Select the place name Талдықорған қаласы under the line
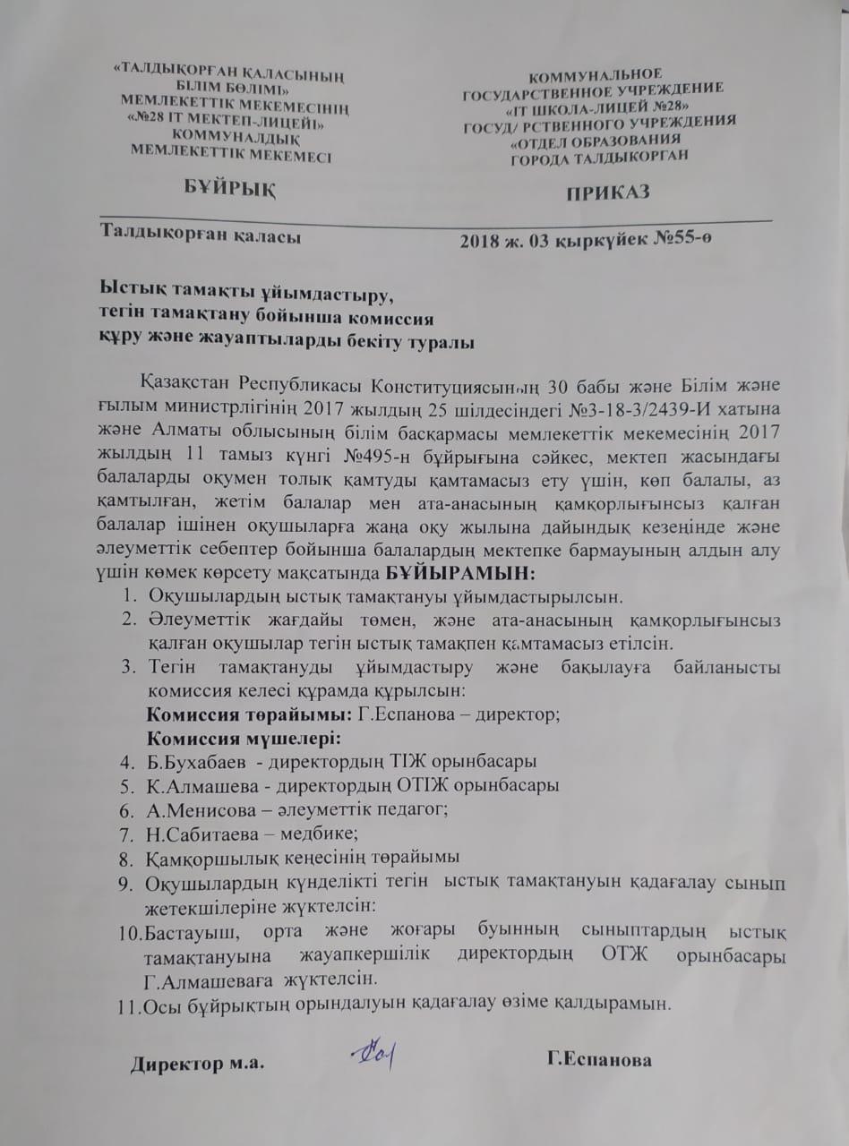pos(200,236)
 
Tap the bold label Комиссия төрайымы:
pos(249,714)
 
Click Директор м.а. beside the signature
pos(199,1065)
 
